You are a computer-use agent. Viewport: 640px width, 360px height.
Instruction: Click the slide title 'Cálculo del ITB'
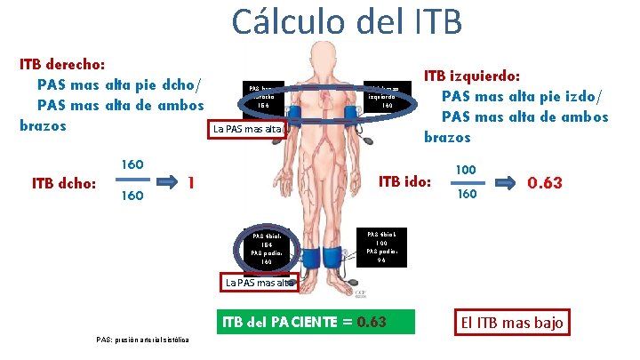pos(347,21)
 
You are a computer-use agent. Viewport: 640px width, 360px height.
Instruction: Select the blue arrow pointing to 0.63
pos(504,182)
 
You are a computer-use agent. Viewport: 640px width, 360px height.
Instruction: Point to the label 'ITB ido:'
pos(404,182)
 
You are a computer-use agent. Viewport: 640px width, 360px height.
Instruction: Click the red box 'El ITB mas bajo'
pos(510,322)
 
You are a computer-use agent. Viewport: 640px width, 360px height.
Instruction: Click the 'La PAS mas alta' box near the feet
pos(259,283)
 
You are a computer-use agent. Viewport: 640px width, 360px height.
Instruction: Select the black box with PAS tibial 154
pos(268,249)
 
